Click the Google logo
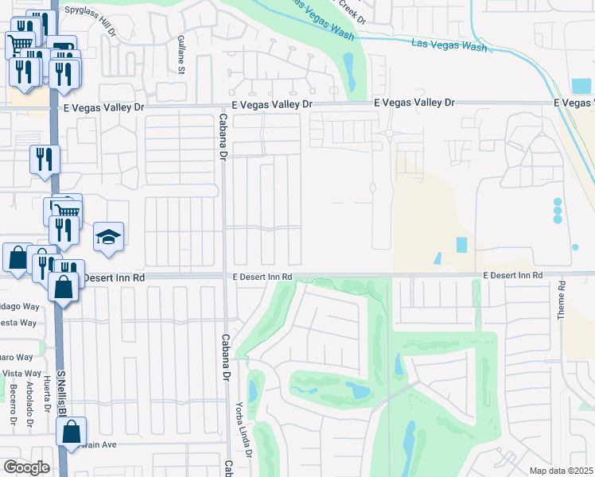[25, 467]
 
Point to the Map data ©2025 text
[562, 471]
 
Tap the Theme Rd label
[561, 300]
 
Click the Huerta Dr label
[48, 394]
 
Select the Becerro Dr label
[14, 406]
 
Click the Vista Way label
[21, 373]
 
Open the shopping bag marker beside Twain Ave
[71, 432]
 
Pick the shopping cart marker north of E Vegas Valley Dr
[20, 43]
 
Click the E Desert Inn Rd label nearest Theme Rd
[513, 275]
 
